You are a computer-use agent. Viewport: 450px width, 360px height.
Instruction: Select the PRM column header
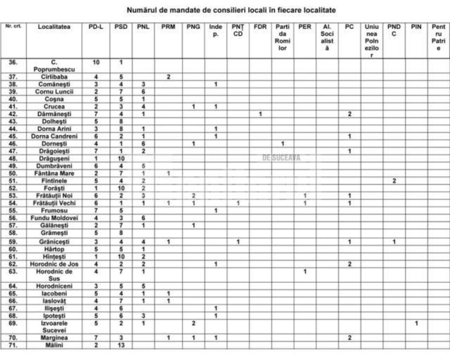168,27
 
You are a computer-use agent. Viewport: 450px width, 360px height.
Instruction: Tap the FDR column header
260,27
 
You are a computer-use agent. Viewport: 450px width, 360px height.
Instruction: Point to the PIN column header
416,27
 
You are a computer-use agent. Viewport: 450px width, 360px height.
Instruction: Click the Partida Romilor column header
282,37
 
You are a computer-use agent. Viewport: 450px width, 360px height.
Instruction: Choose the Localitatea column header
54,27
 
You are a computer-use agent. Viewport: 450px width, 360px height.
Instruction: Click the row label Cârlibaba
54,76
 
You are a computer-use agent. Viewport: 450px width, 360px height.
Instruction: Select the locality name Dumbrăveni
54,165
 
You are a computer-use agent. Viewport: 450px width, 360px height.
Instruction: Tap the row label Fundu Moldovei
54,218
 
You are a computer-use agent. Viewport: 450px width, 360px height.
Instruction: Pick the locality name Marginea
54,337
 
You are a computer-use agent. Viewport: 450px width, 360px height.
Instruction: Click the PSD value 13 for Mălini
120,345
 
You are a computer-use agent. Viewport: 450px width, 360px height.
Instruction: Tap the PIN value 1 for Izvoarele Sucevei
416,323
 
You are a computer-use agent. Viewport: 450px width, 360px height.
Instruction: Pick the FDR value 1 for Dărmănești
260,114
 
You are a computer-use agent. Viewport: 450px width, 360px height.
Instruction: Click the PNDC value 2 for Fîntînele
394,180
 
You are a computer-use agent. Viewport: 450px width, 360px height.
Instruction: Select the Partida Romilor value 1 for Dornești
282,143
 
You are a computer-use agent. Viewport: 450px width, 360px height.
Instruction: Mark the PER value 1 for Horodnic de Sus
305,271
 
